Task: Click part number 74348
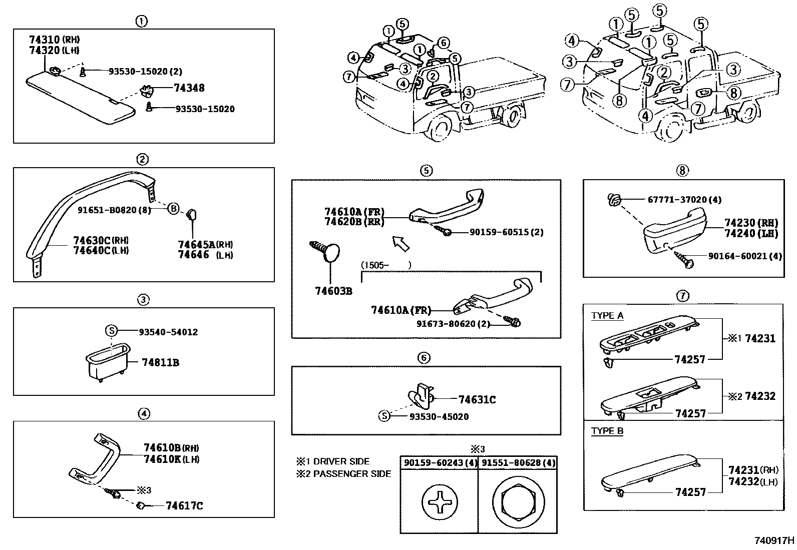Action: [189, 88]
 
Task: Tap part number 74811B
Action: [160, 362]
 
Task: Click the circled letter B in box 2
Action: [173, 209]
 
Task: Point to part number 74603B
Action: [333, 291]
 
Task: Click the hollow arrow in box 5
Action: [401, 243]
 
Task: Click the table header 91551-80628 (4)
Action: [518, 463]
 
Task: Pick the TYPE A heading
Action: [607, 316]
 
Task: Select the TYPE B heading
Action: [607, 431]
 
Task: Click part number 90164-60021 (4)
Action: [744, 256]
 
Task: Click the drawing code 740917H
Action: [774, 540]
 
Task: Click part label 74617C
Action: [184, 506]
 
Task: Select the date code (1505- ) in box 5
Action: [385, 265]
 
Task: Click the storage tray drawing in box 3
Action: [107, 362]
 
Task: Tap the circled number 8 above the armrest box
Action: [683, 171]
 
